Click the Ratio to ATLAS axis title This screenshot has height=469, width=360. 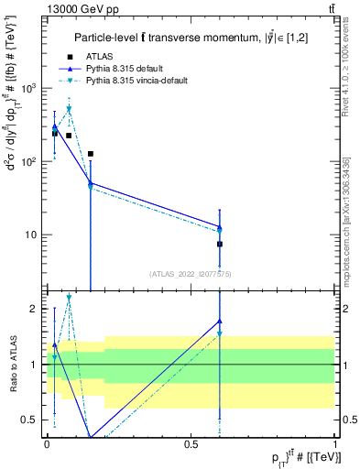click(12, 365)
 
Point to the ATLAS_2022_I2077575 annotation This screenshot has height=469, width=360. click(191, 273)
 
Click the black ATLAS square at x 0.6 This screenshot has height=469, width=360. click(220, 244)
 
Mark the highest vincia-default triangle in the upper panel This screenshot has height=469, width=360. click(69, 109)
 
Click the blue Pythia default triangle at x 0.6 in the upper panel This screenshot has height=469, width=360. click(220, 226)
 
